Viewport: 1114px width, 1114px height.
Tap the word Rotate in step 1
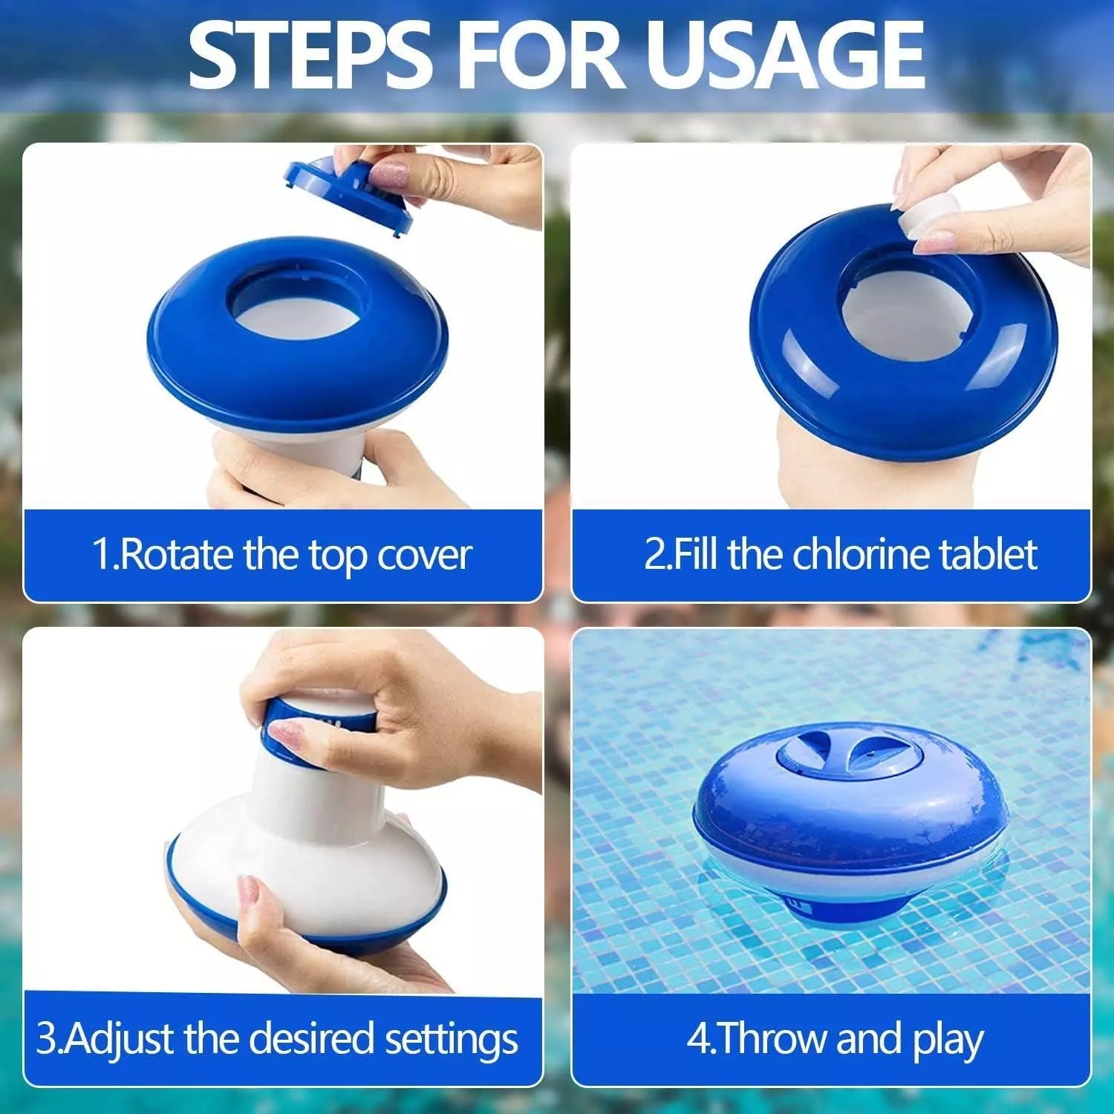[x=177, y=555]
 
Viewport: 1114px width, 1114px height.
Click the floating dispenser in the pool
[x=850, y=824]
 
